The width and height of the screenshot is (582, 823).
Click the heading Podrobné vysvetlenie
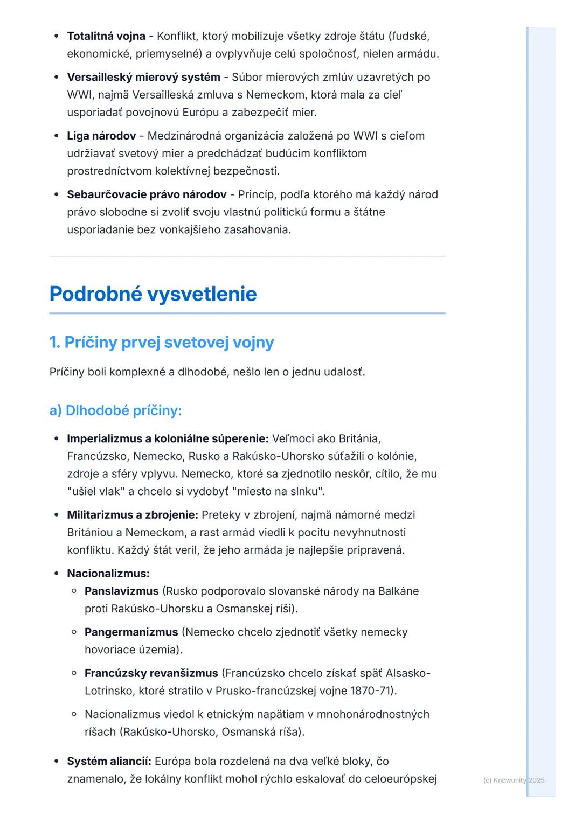(x=153, y=294)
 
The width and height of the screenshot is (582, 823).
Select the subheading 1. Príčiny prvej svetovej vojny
(x=162, y=343)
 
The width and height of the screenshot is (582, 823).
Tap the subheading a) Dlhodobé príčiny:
(x=115, y=411)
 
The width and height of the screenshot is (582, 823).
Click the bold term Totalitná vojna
(x=106, y=36)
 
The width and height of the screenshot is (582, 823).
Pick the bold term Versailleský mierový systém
(x=143, y=77)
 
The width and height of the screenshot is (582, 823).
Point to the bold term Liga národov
(x=101, y=136)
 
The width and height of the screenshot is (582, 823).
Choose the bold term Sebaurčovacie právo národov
(x=147, y=194)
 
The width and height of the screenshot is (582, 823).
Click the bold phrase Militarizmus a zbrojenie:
(x=133, y=515)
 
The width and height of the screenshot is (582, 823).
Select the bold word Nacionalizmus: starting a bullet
(x=108, y=574)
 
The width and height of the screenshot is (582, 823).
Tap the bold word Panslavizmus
(x=122, y=591)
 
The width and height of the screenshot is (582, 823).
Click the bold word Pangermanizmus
(x=131, y=632)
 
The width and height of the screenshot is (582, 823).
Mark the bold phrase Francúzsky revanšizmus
(x=151, y=673)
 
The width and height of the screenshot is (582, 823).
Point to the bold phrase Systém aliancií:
(x=109, y=762)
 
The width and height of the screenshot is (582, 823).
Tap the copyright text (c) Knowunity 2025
(x=514, y=780)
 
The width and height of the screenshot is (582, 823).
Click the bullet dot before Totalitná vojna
(x=57, y=36)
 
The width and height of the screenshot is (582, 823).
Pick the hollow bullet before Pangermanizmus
(x=74, y=632)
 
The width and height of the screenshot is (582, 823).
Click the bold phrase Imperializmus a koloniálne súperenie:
(x=168, y=439)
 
